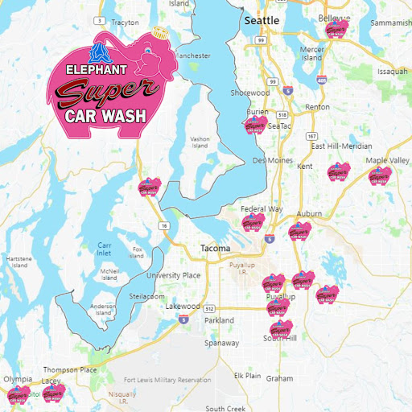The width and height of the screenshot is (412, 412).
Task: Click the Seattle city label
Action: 262,19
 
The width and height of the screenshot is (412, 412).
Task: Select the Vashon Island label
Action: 200,142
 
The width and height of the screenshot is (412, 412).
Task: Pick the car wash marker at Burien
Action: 254,126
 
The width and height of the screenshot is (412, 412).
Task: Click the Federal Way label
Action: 262,209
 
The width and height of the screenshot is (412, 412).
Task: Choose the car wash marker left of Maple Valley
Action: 338,173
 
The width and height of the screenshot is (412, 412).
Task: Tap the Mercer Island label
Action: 311,53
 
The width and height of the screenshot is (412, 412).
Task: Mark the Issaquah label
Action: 392,71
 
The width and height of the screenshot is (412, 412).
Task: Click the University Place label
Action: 173,275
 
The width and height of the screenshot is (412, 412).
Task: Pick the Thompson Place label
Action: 70,370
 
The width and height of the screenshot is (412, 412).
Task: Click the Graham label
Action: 280,377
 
